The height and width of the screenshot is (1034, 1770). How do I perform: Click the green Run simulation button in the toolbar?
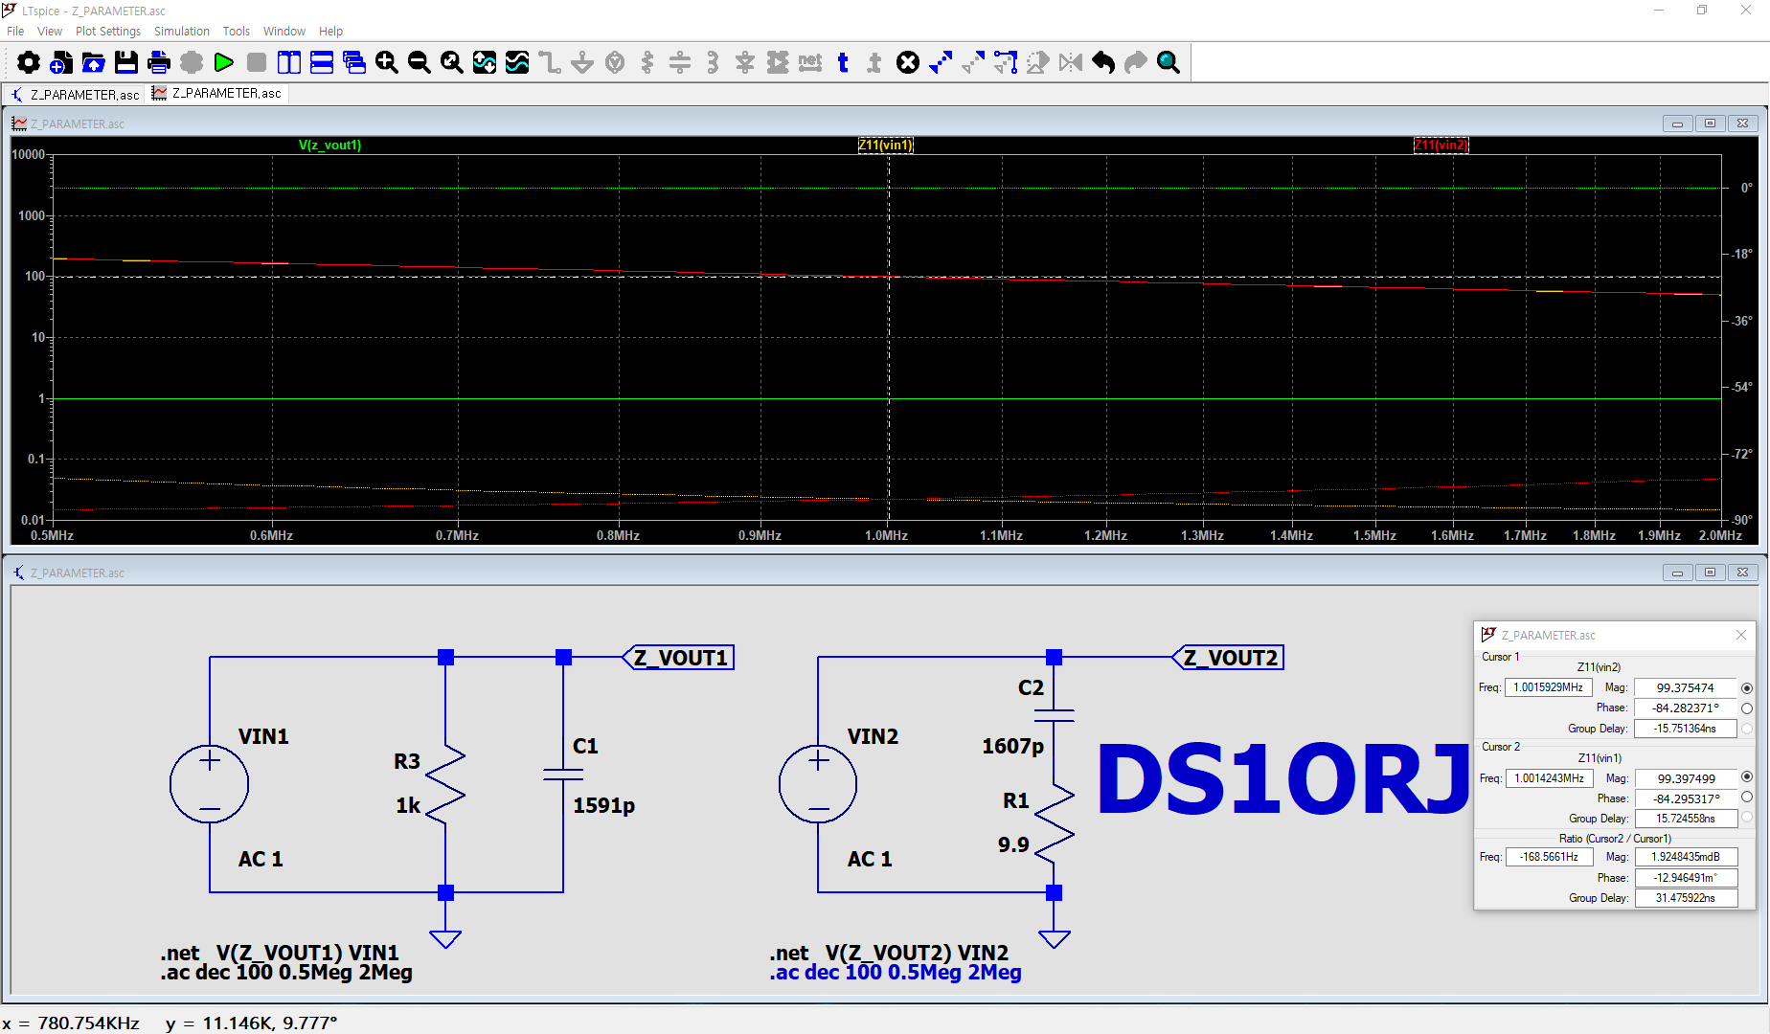click(x=224, y=63)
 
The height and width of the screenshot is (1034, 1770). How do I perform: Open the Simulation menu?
click(x=181, y=32)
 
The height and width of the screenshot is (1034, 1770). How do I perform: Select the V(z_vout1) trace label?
click(x=329, y=146)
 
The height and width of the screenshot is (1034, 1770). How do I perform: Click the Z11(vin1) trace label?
click(x=885, y=146)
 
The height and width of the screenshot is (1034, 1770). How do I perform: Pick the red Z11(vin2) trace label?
click(x=1441, y=146)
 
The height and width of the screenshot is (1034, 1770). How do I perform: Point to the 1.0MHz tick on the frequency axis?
click(x=886, y=535)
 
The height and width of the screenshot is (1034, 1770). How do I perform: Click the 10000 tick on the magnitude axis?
click(x=29, y=155)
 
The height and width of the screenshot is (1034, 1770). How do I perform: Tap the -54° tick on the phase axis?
click(x=1742, y=388)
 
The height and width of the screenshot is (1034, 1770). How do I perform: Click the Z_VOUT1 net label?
click(x=681, y=658)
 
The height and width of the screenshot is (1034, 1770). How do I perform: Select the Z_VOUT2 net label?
click(x=1231, y=658)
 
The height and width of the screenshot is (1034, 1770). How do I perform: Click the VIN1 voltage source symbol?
click(x=209, y=784)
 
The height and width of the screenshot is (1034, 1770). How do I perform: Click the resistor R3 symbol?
click(x=445, y=784)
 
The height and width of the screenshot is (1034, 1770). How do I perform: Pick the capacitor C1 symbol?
click(x=563, y=774)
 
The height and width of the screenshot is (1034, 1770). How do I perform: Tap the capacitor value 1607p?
click(x=1012, y=746)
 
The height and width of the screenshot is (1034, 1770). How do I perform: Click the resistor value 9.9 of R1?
click(x=1013, y=844)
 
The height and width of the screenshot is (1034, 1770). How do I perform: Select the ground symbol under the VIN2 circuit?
click(x=1054, y=937)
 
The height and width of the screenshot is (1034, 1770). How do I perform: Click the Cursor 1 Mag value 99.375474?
click(x=1685, y=687)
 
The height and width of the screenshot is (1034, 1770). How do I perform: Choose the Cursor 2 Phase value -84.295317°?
click(x=1685, y=798)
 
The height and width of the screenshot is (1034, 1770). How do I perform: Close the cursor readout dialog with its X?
click(x=1741, y=635)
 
